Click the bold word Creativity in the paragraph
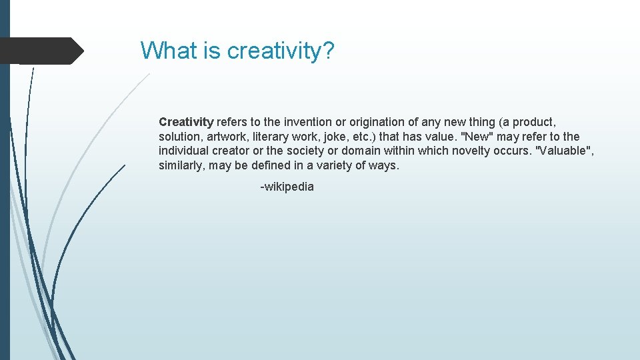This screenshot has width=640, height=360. (x=186, y=122)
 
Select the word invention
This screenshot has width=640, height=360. (x=307, y=122)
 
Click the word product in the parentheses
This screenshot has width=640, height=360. (x=531, y=122)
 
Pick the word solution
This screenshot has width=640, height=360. (x=179, y=137)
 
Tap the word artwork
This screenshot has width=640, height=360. (x=225, y=137)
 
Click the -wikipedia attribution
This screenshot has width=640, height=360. (x=287, y=187)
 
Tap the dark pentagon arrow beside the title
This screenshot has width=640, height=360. (x=41, y=51)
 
